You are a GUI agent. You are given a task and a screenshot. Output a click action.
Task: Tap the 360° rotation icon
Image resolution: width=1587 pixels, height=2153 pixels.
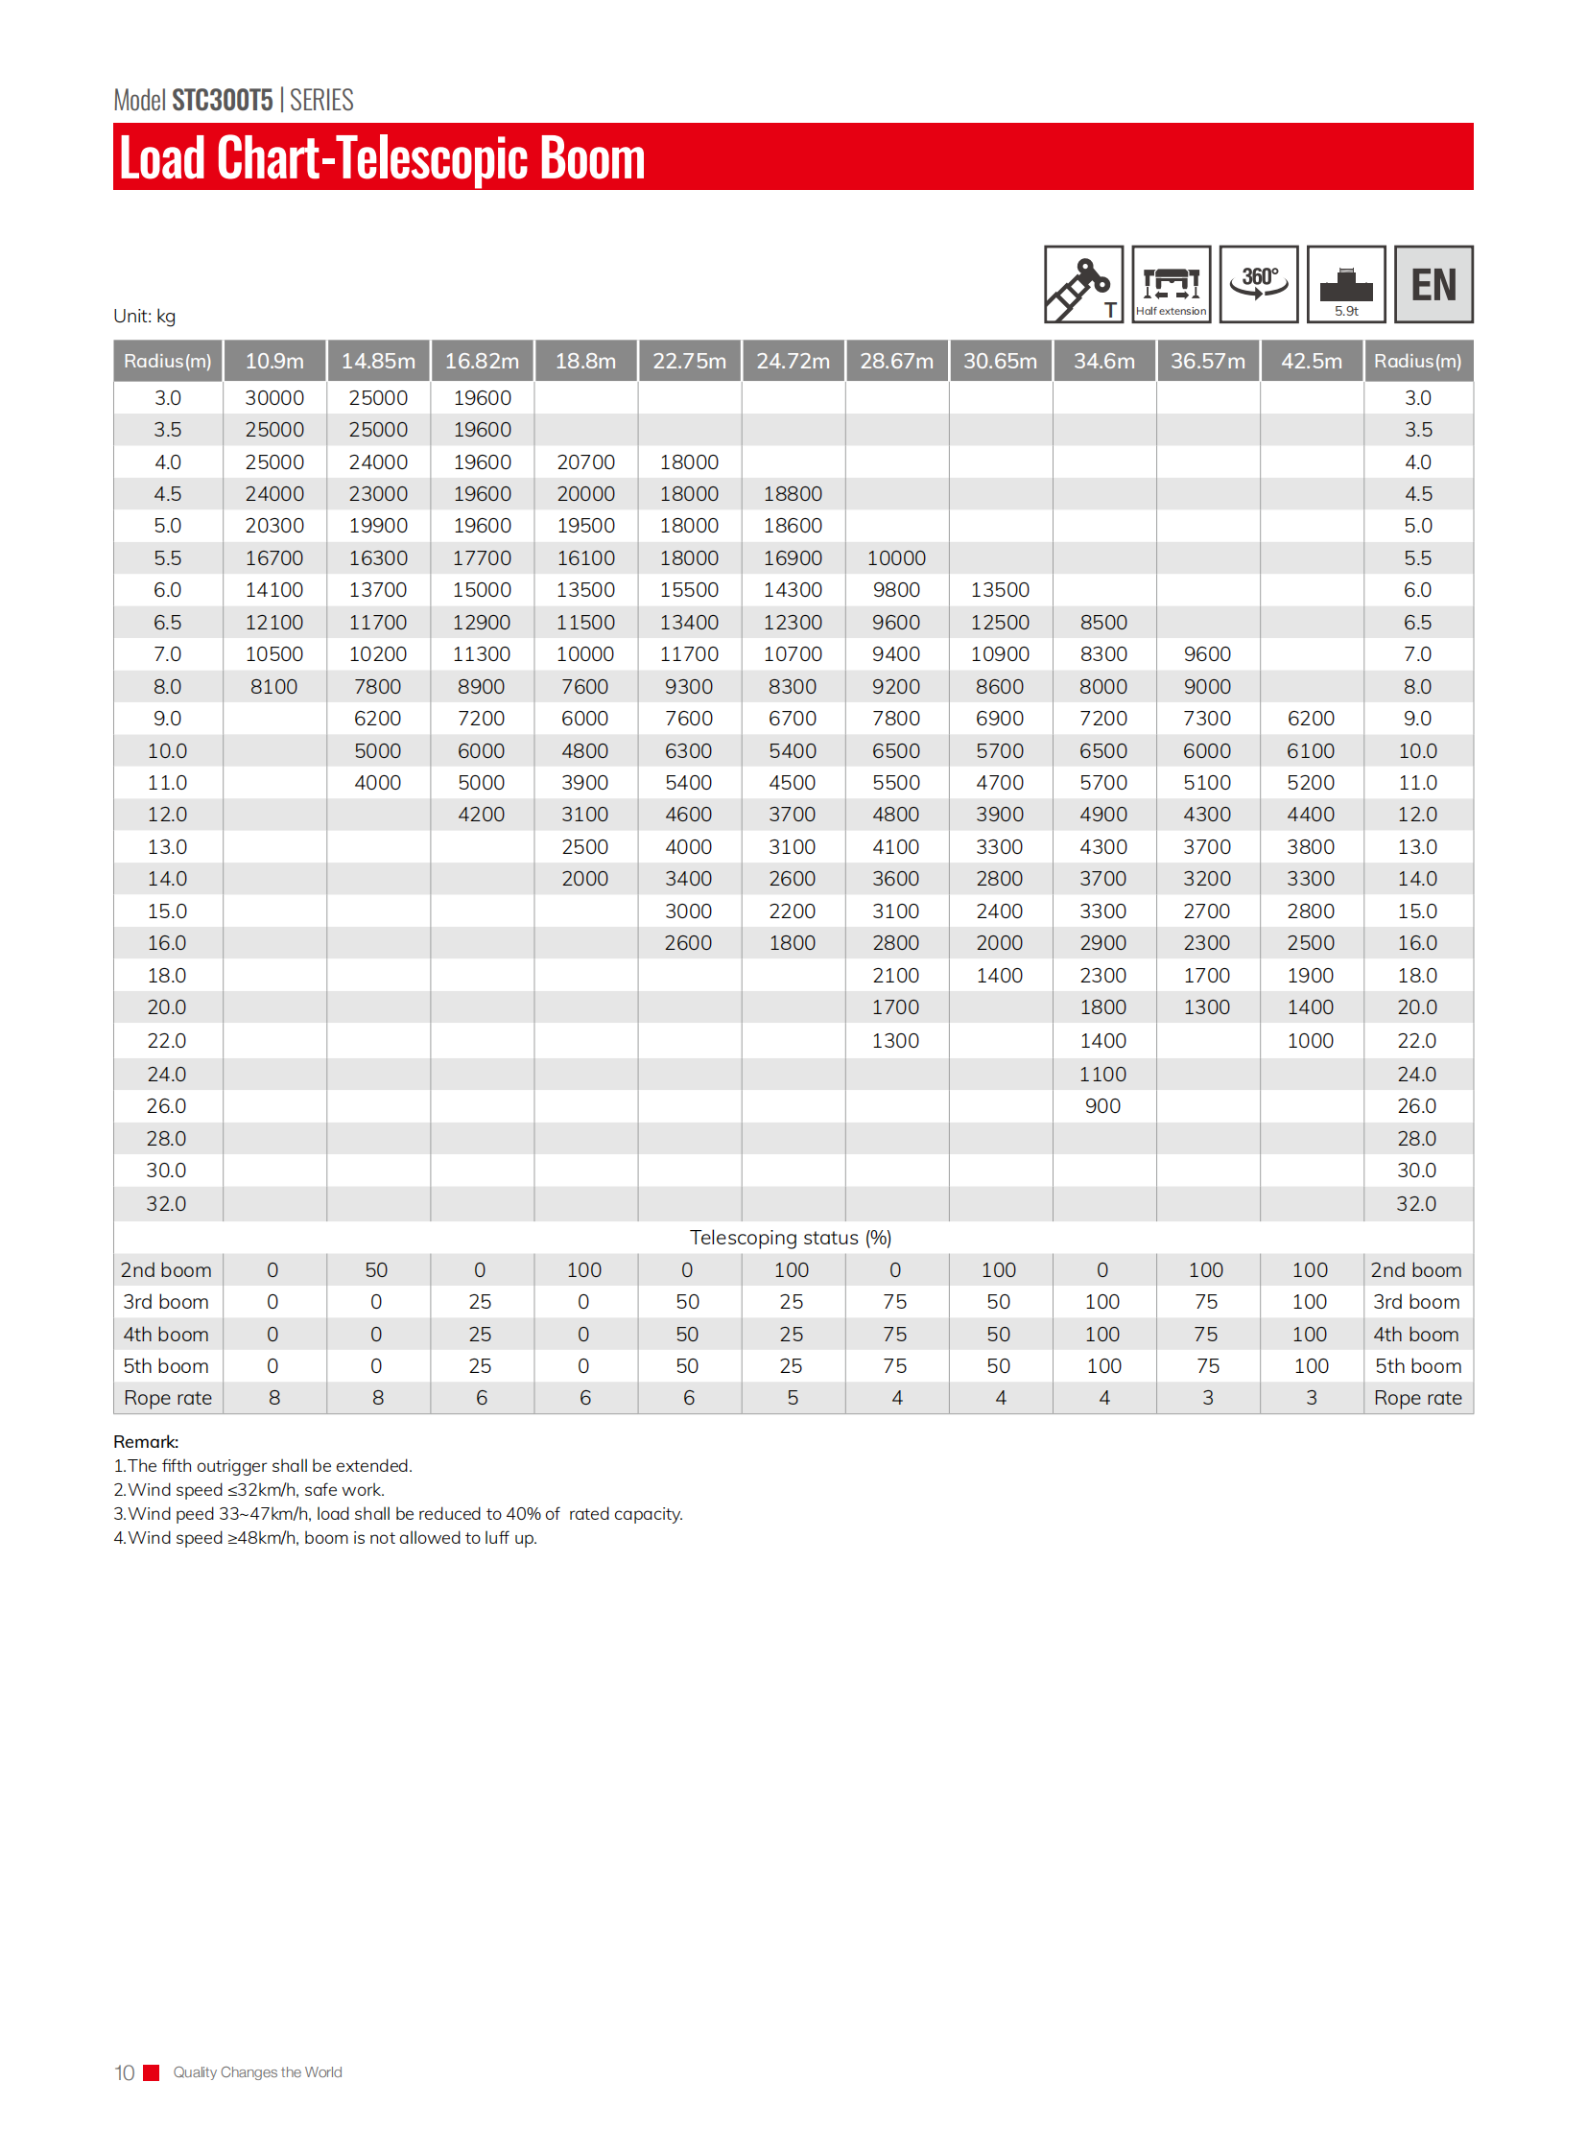coord(1259,284)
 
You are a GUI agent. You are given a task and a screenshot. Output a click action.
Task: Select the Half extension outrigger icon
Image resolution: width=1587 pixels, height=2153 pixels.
coord(1171,284)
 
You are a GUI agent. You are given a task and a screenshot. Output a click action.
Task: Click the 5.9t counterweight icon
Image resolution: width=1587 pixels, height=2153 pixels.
coord(1346,284)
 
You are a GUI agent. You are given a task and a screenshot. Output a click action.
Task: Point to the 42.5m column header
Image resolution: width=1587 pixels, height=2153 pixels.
coord(1312,362)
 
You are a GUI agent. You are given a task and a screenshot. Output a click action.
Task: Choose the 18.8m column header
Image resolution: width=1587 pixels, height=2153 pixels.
coord(585,362)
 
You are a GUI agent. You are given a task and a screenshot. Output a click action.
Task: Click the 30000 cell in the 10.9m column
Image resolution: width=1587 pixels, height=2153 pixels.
coord(273,398)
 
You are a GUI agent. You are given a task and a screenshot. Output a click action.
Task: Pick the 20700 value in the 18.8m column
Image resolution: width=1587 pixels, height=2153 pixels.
coord(585,462)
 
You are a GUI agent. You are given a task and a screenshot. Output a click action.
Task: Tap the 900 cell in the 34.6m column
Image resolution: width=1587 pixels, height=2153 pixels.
coord(1102,1106)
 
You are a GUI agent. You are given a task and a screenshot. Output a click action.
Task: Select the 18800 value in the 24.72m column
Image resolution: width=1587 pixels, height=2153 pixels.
coord(793,494)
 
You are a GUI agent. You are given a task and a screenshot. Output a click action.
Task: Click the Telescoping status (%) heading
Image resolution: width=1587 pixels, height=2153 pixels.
coord(791,1238)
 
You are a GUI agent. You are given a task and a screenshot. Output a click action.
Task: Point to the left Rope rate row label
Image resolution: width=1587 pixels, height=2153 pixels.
coord(168,1398)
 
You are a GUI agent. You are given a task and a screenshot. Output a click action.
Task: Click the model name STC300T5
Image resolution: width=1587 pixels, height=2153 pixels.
coord(222,100)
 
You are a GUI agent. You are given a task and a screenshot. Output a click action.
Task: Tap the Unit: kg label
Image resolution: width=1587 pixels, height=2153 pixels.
coord(144,316)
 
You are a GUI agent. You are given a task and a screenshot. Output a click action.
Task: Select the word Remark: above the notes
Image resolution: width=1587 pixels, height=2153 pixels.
coord(146,1441)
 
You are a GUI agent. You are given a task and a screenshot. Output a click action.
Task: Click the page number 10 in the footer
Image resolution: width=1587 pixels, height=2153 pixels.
coord(124,2072)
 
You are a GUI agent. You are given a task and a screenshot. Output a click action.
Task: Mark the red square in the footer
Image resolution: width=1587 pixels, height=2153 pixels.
coord(151,2072)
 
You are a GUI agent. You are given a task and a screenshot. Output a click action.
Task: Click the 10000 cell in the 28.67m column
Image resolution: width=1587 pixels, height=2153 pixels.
coord(896,558)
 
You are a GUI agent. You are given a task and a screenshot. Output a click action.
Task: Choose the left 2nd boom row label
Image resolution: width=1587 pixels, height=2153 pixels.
coord(166,1270)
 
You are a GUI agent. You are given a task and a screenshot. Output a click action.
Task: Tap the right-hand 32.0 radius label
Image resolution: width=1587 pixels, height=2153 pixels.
coord(1416,1204)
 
